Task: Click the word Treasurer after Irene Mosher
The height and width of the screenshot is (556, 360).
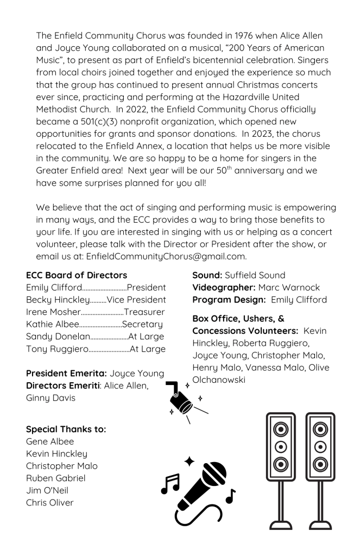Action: pos(144,313)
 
